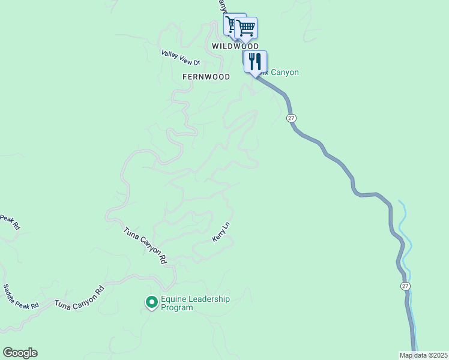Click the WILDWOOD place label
235,46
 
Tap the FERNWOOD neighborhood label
206,77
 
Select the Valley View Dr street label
180,58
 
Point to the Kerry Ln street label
221,232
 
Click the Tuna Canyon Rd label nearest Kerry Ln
145,245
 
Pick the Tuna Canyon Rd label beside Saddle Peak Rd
79,298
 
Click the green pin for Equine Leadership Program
152,302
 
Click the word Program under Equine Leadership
177,308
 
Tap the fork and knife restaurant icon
255,61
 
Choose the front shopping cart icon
246,28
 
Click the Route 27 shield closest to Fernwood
291,118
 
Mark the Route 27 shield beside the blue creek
406,286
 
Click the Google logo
20,353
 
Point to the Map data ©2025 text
424,355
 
